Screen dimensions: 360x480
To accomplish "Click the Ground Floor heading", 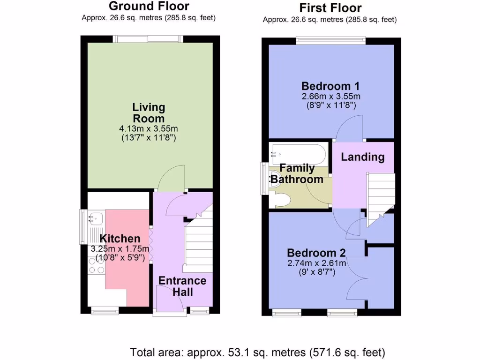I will [x=149, y=6].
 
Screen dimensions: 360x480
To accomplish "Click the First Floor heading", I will [x=330, y=8].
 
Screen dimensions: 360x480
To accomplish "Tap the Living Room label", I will [x=149, y=112].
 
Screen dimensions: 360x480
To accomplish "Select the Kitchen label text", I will [x=120, y=239].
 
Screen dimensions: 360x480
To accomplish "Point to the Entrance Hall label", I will [x=182, y=286].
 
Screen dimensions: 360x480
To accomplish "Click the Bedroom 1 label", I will [x=330, y=86].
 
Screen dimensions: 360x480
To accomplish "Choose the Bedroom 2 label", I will [x=316, y=253].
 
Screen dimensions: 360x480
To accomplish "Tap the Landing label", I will [x=362, y=157].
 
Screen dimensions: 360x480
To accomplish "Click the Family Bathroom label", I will [x=297, y=173].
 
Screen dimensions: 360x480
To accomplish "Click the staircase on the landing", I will [x=380, y=197].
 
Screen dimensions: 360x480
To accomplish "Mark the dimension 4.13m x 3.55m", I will [x=149, y=128].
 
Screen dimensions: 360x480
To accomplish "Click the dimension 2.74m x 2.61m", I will [x=316, y=263].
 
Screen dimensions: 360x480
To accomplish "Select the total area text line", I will [x=257, y=352].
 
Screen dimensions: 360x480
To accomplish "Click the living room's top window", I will [x=149, y=39].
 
